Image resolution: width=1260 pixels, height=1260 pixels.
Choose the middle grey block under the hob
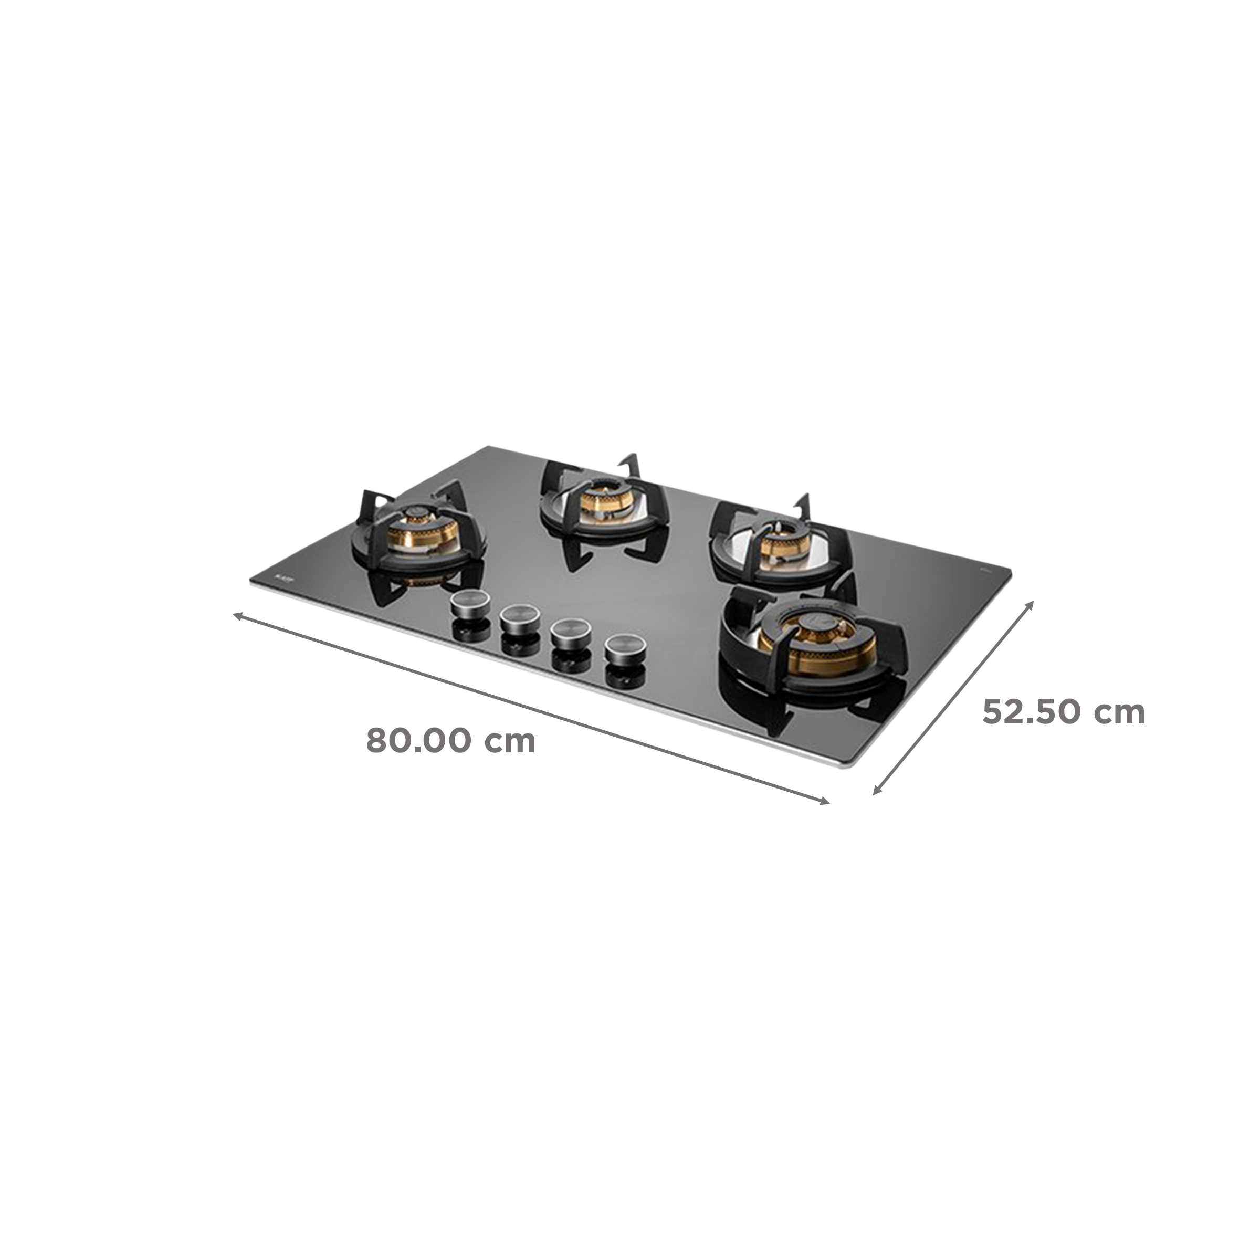(x=652, y=757)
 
